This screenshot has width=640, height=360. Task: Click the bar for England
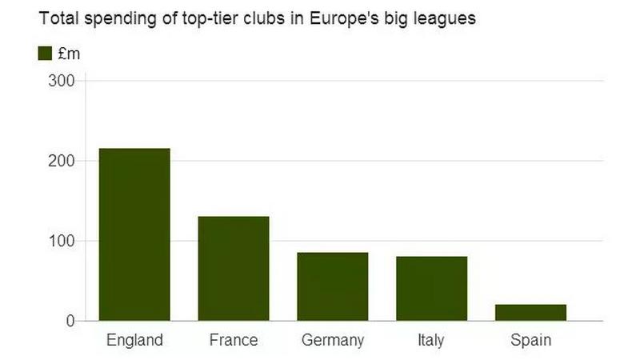pos(134,234)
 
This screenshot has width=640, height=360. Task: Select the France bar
pos(234,269)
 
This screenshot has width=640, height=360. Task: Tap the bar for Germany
pos(333,286)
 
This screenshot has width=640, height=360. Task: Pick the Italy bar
pos(432,288)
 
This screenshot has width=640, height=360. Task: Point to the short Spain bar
pos(531,312)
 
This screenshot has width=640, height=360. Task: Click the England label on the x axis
pos(134,340)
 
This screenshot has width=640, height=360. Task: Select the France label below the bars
pos(234,340)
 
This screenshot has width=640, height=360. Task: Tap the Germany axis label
pos(333,341)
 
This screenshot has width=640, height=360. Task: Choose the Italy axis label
pos(431,341)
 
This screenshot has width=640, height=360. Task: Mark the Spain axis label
pos(531,341)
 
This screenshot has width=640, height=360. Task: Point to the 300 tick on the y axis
pos(62,81)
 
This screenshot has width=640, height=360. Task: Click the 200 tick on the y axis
pos(62,161)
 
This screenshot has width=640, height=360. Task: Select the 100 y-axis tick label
pos(62,241)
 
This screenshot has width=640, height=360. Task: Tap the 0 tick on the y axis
pos(70,321)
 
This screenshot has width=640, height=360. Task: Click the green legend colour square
pos(45,53)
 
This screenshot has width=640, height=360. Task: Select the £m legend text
pos(70,54)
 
